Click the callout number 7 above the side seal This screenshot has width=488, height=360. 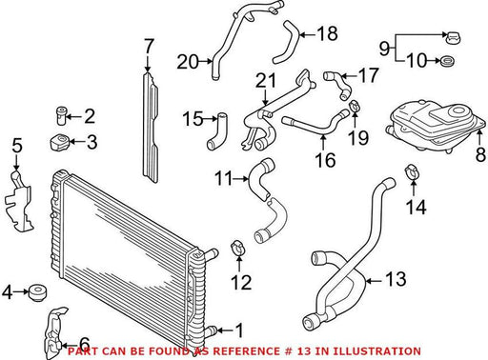pos(149,47)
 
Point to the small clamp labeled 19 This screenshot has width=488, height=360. pos(355,106)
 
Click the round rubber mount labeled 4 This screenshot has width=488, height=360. pos(38,292)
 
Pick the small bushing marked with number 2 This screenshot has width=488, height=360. pos(61,116)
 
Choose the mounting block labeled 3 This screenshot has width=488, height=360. pos(59,143)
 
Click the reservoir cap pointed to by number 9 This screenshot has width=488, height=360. pos(453,38)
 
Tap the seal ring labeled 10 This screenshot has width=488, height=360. pos(448,61)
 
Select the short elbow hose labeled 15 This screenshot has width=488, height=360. pos(217,131)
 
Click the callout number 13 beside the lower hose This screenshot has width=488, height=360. pos(396,279)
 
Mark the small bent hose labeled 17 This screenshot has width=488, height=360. pos(337,84)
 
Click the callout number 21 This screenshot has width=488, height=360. pos(266,81)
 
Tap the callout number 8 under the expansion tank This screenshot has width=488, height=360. pos(480,155)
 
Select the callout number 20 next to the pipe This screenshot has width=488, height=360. pos(188,62)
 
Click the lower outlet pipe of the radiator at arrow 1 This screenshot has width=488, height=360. pos(211,330)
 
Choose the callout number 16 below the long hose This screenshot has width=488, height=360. pos(325,160)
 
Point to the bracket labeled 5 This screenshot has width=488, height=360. pos(18,200)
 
